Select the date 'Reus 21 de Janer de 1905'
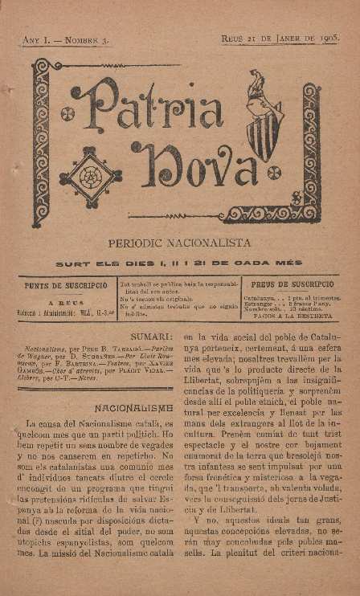278,39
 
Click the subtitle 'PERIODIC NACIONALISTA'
179,242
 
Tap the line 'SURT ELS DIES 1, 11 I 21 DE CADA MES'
179,263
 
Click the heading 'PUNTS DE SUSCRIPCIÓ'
66,285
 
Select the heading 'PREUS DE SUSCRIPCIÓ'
292,284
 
